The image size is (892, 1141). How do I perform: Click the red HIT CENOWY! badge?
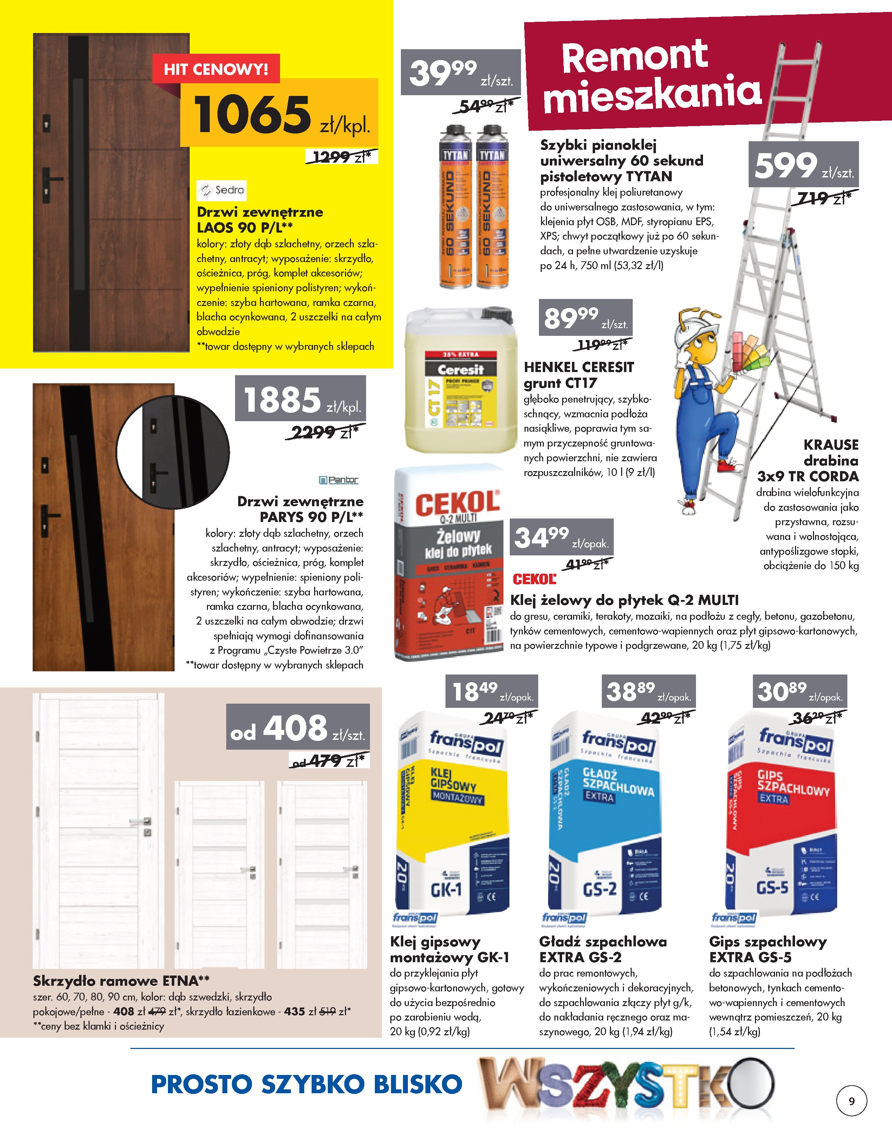216,69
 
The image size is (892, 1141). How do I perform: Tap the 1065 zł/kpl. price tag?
280,114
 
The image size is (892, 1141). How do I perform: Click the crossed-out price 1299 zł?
341,157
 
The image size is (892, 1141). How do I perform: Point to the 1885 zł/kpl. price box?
300,399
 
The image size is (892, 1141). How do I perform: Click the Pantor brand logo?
339,480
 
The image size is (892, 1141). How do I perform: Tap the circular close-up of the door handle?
172,452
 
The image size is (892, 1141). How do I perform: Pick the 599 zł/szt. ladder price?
803,165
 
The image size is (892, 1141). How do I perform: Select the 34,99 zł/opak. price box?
561,537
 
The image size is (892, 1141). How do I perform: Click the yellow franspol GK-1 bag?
452,813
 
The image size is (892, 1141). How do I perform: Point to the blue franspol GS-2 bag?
605,813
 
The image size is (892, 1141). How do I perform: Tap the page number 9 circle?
852,1101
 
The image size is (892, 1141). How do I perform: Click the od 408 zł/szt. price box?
298,727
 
